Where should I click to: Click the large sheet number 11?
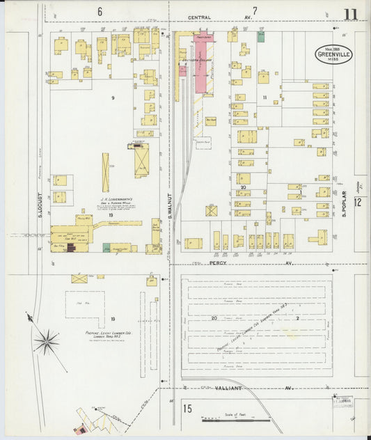[x=351, y=14]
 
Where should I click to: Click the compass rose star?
[x=47, y=340]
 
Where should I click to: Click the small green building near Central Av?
[x=261, y=36]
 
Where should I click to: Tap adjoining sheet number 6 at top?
[x=100, y=11]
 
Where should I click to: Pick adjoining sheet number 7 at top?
[x=255, y=10]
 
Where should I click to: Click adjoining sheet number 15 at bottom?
[x=187, y=409]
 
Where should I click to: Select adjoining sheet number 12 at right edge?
[x=357, y=203]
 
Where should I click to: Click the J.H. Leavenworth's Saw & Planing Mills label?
[x=111, y=201]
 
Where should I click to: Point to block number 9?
[x=111, y=97]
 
